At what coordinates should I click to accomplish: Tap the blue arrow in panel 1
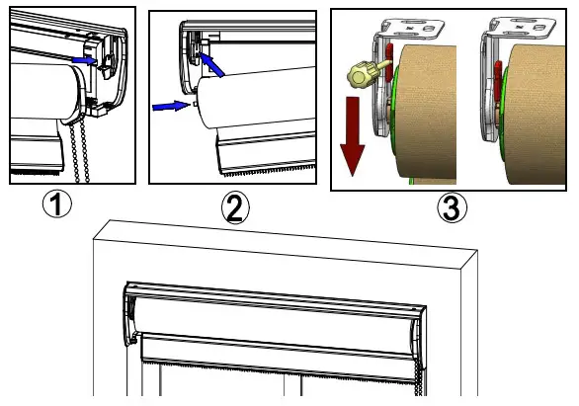point(87,60)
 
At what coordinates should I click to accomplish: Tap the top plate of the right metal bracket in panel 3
point(514,26)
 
